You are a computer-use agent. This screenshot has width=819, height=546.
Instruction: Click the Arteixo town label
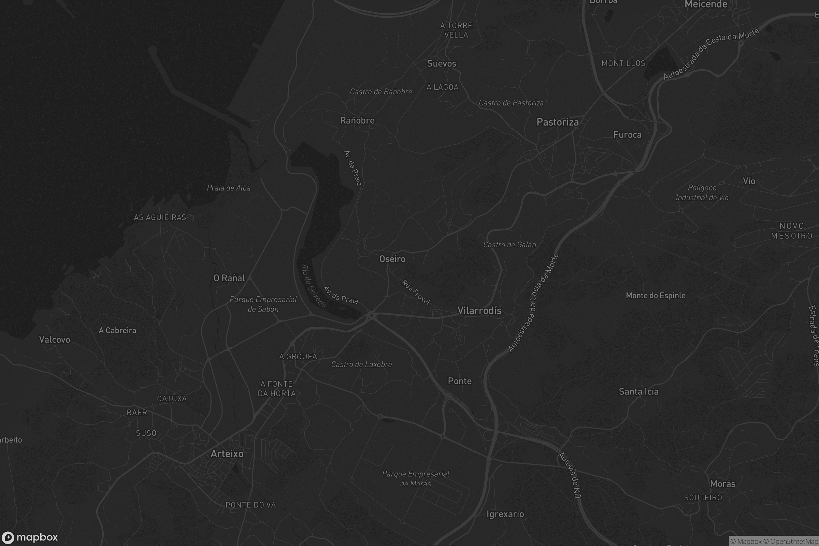point(227,454)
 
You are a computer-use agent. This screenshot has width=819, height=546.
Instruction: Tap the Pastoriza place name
point(558,122)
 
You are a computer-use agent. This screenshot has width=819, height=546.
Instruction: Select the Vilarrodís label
point(479,311)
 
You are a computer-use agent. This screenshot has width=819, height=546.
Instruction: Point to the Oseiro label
point(392,259)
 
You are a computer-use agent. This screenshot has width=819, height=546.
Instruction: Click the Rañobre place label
point(357,120)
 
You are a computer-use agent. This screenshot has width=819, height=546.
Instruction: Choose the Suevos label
point(442,63)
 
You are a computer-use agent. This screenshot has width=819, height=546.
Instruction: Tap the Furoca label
point(627,135)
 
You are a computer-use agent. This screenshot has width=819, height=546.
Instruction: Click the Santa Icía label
point(638,392)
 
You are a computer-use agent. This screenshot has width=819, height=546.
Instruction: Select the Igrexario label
point(505,514)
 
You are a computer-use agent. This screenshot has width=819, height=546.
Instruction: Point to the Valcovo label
point(55,340)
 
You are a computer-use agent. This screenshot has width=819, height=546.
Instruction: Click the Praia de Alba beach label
point(229,188)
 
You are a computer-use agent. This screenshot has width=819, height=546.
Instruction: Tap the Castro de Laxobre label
point(361,364)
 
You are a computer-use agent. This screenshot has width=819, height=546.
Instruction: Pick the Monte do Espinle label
point(655,296)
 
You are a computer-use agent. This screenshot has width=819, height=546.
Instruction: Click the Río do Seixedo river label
point(313,286)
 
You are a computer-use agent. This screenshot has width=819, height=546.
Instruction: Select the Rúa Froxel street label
point(416,292)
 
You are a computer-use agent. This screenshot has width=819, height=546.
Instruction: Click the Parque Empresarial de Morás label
point(415,478)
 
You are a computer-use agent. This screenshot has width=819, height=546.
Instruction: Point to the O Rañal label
point(229,278)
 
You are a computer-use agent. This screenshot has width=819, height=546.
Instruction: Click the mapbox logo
point(29,537)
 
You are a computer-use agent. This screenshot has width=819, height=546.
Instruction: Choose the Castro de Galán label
point(509,245)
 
